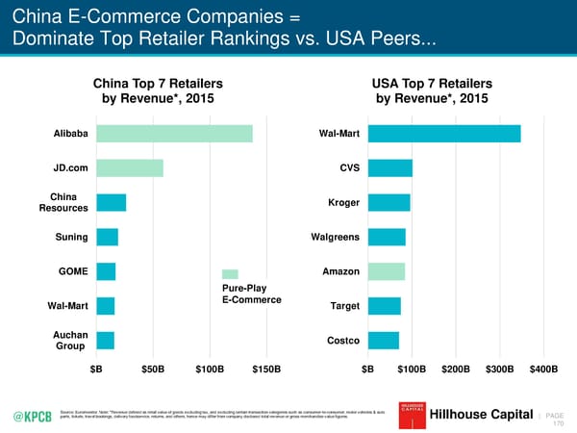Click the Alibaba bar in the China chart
click(173, 134)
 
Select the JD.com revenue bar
click(129, 168)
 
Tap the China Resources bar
click(111, 202)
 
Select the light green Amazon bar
click(387, 271)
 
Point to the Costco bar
click(384, 340)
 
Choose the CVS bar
click(390, 168)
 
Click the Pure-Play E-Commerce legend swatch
click(230, 274)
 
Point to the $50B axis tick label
click(152, 369)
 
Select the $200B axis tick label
click(455, 369)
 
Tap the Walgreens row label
click(336, 237)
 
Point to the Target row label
click(343, 306)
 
